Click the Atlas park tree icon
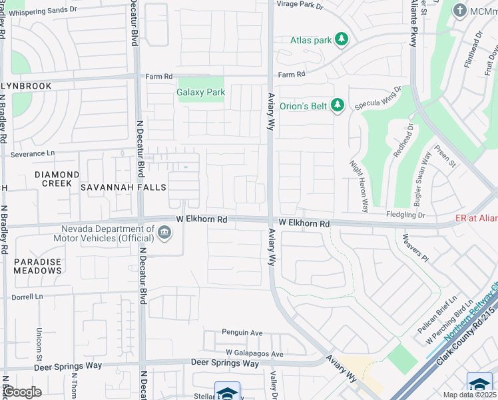click(x=342, y=40)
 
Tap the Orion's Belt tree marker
click(x=338, y=105)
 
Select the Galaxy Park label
click(x=200, y=93)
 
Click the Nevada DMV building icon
click(x=164, y=233)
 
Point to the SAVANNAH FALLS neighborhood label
click(x=123, y=188)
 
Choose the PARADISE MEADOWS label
click(x=38, y=266)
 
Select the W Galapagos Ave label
click(x=254, y=353)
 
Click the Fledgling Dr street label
click(x=405, y=215)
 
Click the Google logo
click(x=22, y=392)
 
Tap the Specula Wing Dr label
click(x=378, y=98)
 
